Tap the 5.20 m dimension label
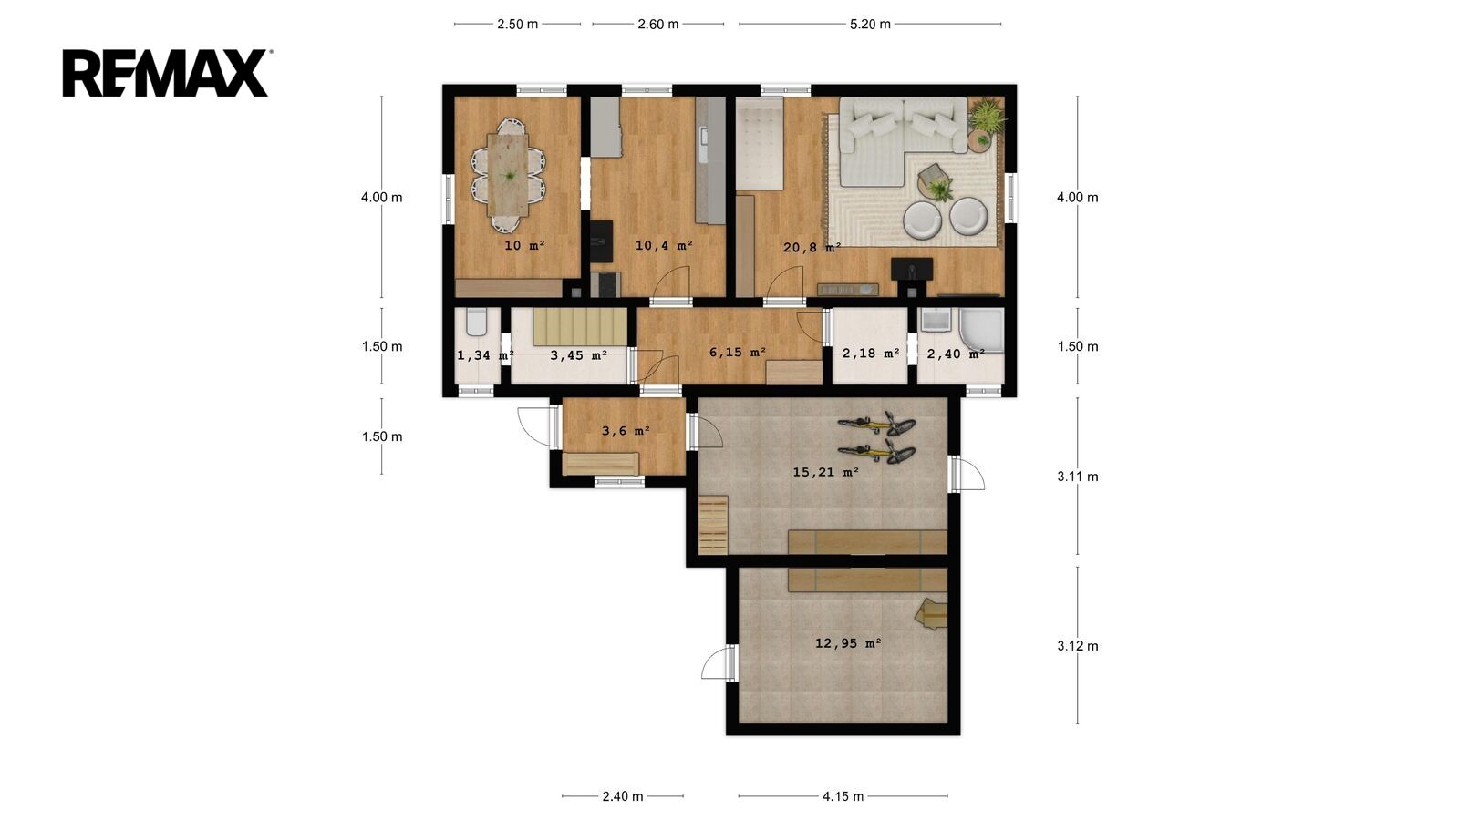click(x=870, y=24)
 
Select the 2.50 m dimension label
click(x=518, y=24)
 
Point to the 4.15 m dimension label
click(x=843, y=796)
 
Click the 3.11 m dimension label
click(x=1077, y=477)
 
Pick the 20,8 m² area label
click(x=812, y=247)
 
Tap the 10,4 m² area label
click(x=664, y=245)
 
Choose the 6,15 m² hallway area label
click(x=738, y=352)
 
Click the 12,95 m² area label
click(x=848, y=643)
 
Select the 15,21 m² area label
click(x=826, y=472)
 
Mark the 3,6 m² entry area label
click(x=626, y=431)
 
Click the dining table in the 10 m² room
click(x=508, y=174)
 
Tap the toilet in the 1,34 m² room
click(x=477, y=322)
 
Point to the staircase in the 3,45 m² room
click(x=580, y=327)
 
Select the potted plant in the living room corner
click(x=988, y=115)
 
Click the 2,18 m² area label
click(x=871, y=354)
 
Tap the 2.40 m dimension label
click(x=623, y=796)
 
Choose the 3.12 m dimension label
click(x=1077, y=646)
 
